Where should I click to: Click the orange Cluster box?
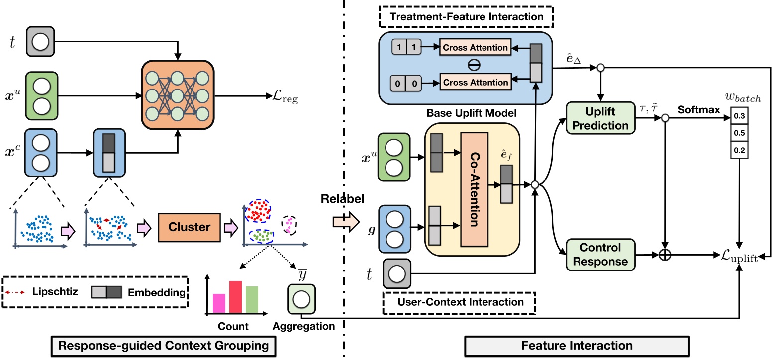(190, 227)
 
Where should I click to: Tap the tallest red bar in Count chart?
(235, 297)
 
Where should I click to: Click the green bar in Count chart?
(252, 300)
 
